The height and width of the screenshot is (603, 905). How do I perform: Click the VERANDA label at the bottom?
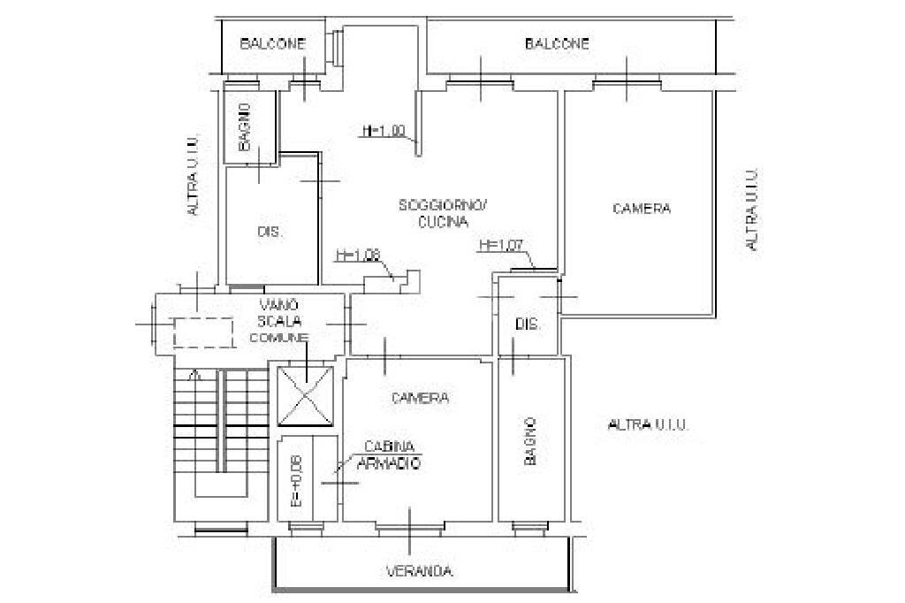click(x=420, y=571)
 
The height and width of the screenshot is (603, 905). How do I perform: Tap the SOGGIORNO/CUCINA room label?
click(x=443, y=214)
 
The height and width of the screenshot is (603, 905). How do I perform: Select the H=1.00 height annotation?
click(x=384, y=131)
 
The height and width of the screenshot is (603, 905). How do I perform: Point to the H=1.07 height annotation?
click(x=500, y=245)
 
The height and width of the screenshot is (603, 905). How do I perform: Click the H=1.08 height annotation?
click(x=357, y=256)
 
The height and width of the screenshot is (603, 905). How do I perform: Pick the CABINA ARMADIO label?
click(x=387, y=454)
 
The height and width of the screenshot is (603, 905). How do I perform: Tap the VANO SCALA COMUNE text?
click(x=278, y=320)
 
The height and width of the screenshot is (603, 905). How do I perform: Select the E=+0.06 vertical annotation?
click(x=296, y=481)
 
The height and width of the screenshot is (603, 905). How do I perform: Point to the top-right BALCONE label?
click(x=557, y=43)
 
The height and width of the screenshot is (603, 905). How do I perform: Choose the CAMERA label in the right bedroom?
click(x=642, y=209)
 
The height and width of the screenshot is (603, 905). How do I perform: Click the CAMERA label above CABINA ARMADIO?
click(x=420, y=399)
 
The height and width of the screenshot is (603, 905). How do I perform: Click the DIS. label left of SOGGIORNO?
click(x=270, y=233)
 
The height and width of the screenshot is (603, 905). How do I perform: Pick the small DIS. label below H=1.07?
click(x=528, y=324)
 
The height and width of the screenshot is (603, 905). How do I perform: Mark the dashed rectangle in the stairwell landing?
click(x=202, y=332)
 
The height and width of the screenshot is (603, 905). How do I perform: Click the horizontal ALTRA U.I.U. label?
click(x=649, y=425)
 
